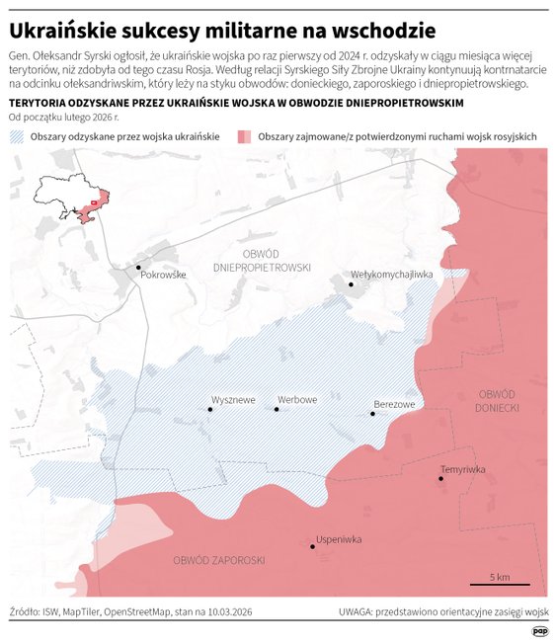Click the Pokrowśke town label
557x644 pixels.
pos(164,275)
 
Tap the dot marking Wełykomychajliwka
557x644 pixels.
pos(351,284)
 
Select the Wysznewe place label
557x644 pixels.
pos(233,399)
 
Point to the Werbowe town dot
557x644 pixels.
pos(277,409)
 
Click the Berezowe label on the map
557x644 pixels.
pos(394,404)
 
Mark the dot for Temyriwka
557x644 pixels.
pos(440,479)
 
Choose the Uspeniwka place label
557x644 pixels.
pos(339,539)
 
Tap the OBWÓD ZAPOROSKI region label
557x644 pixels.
pos(218,560)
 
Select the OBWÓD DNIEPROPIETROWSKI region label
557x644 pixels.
pos(262,261)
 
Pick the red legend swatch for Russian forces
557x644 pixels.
pos(243,135)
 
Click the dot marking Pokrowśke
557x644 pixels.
pos(139,267)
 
